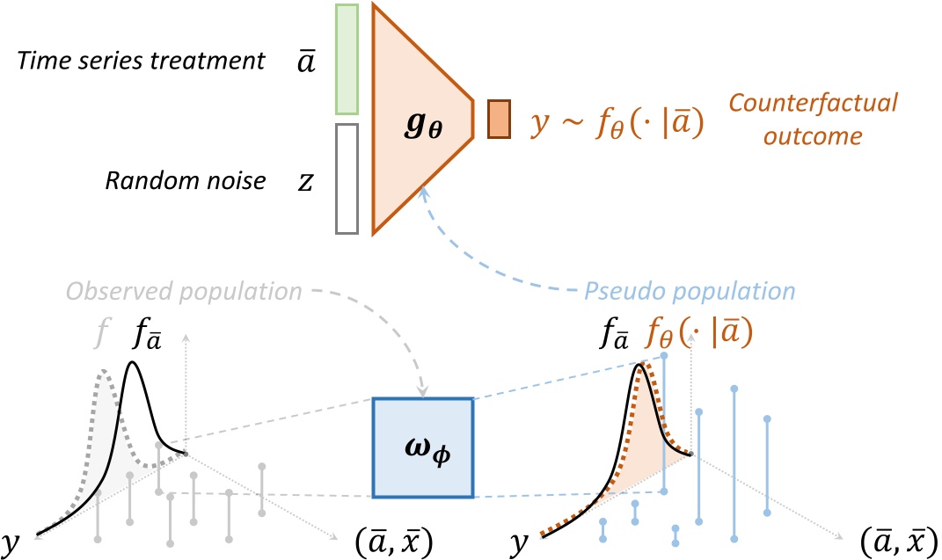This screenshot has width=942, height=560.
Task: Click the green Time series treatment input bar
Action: click(x=346, y=60)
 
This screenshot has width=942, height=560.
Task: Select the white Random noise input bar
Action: click(x=346, y=179)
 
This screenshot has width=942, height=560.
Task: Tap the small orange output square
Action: click(x=499, y=119)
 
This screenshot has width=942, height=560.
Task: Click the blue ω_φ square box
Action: click(x=423, y=448)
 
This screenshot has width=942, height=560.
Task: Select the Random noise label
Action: click(x=185, y=181)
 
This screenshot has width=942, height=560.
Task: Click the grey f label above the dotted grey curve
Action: click(x=104, y=335)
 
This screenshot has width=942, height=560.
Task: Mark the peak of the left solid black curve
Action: click(x=134, y=361)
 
